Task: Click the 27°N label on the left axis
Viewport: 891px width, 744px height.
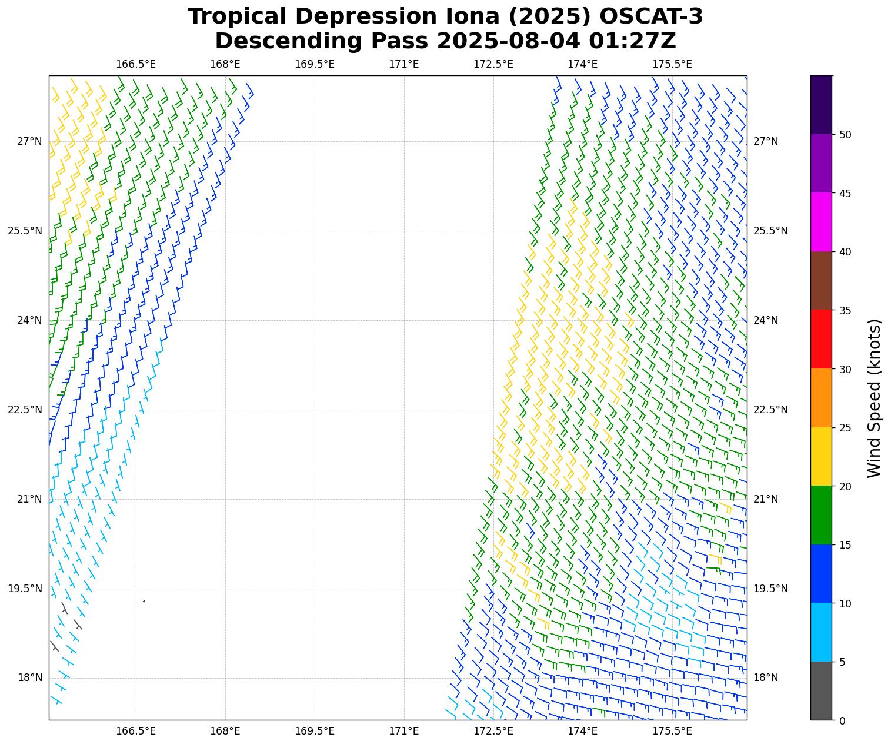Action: (x=29, y=141)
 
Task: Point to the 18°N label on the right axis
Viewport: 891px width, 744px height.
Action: (x=766, y=677)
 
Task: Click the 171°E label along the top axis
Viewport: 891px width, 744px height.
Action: (x=404, y=64)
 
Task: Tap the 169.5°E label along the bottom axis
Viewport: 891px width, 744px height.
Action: (x=315, y=731)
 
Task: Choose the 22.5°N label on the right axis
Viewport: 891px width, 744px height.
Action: (x=770, y=410)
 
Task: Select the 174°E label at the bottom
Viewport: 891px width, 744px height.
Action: (x=583, y=731)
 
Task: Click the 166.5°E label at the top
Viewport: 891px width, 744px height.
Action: (x=136, y=64)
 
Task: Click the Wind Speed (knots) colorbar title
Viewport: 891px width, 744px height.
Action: (x=875, y=398)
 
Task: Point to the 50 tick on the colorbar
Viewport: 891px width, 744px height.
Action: (x=845, y=135)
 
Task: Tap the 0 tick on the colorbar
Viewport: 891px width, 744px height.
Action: (x=842, y=720)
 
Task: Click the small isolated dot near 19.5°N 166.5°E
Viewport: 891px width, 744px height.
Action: (x=144, y=601)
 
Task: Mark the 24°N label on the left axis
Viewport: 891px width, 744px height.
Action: (x=29, y=320)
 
